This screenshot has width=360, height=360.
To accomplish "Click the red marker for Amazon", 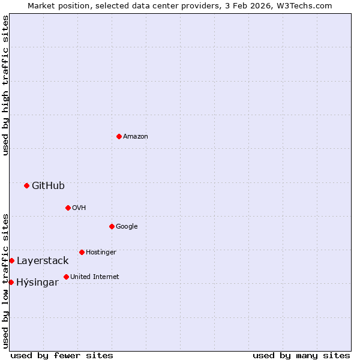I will (x=119, y=136).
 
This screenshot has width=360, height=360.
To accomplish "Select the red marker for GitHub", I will (x=26, y=185).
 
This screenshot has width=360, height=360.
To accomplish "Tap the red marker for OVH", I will (x=68, y=208).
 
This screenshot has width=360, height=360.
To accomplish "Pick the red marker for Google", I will (x=112, y=226).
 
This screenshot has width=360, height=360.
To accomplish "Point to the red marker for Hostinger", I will (x=82, y=252).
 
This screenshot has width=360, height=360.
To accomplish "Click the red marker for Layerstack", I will (x=11, y=260).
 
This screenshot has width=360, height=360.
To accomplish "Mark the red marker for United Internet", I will (x=66, y=277).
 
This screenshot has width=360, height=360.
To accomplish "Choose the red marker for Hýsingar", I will (x=11, y=282).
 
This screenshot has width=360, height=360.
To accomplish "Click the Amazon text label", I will (x=136, y=137).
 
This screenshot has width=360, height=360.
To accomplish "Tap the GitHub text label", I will (x=48, y=186).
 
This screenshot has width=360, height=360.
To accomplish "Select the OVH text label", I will (x=79, y=208).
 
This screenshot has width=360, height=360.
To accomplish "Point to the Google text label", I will (x=127, y=227).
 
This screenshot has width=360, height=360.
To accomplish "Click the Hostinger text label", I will (x=101, y=253).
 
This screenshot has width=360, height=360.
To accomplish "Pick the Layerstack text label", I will (x=43, y=261).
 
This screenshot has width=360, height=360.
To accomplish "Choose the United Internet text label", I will (x=95, y=277).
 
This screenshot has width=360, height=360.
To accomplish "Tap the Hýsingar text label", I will (x=37, y=283).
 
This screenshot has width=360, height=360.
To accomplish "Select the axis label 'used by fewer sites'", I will (x=62, y=355).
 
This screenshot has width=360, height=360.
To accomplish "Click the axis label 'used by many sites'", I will (x=301, y=355).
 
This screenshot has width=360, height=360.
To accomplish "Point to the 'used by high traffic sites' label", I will (x=5, y=85).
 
